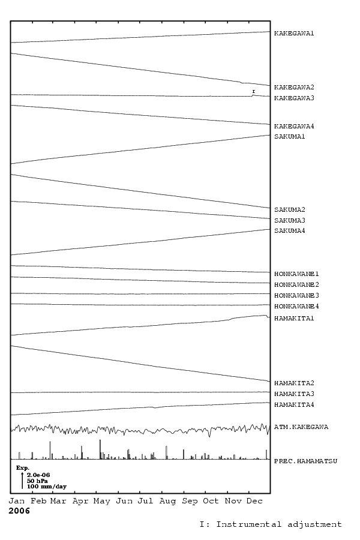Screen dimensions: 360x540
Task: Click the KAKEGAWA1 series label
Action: point(294,34)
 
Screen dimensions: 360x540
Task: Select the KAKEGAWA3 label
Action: point(294,98)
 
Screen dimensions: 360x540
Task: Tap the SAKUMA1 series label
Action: point(289,137)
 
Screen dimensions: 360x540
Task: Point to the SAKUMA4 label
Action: point(289,231)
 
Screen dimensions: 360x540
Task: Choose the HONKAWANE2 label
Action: point(296,285)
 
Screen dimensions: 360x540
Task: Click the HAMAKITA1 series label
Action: point(294,319)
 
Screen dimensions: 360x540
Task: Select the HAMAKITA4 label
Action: point(294,405)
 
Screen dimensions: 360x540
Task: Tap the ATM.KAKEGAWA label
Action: point(301,427)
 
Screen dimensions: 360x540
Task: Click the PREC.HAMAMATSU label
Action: point(305,461)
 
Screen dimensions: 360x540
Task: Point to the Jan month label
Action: point(17,501)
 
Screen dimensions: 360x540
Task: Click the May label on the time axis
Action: point(101,502)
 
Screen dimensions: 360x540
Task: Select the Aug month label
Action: point(167,502)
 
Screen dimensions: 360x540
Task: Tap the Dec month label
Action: point(254,501)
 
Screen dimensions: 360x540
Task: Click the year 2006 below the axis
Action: point(19,511)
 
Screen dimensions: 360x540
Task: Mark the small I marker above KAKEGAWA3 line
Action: point(254,92)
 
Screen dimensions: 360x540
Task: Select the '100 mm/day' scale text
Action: point(47,487)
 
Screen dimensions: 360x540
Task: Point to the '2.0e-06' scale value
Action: point(38,475)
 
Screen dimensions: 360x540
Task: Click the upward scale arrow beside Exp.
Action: point(22,481)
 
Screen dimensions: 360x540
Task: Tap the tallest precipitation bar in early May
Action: point(100,449)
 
